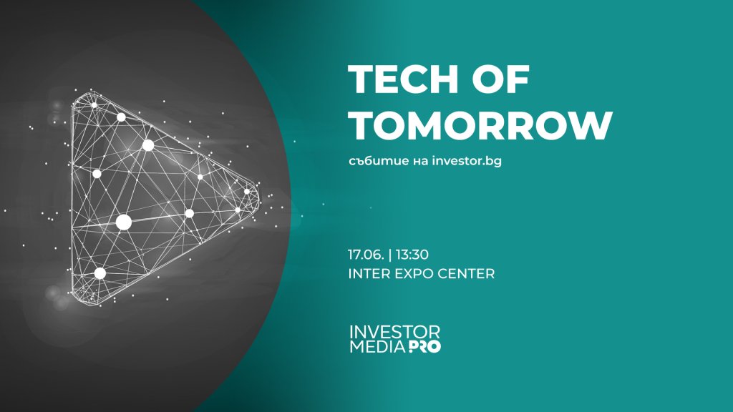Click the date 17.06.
click(364, 254)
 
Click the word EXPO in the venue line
click(413, 274)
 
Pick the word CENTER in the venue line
click(466, 274)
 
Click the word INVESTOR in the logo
click(394, 333)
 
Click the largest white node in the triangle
click(123, 222)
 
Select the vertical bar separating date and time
click(386, 254)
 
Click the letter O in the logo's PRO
click(434, 348)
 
